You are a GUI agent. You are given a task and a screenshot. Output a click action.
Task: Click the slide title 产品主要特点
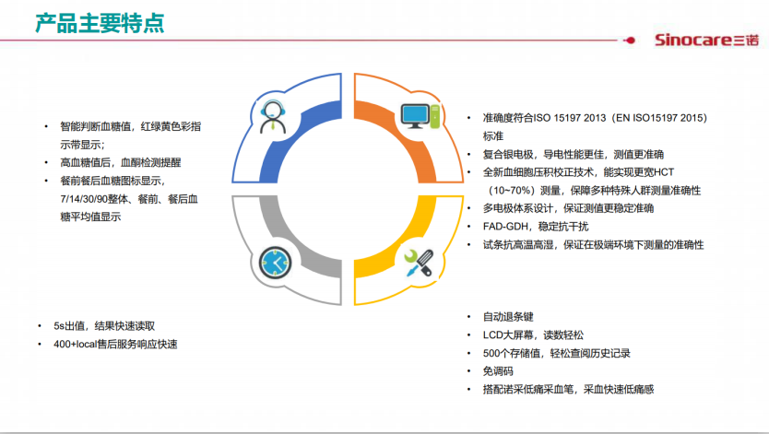[x=101, y=24]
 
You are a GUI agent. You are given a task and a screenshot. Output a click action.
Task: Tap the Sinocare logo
[x=706, y=40]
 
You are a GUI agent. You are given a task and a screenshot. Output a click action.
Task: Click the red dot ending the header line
[x=631, y=41]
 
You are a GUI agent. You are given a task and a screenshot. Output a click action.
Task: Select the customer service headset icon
[x=272, y=117]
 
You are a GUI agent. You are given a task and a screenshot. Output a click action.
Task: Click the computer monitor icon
[x=420, y=116]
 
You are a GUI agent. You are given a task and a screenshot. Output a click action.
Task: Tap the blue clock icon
[x=275, y=263]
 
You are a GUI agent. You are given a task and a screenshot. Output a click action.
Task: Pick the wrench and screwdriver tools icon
[x=419, y=263]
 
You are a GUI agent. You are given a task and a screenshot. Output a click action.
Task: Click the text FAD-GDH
[x=505, y=227]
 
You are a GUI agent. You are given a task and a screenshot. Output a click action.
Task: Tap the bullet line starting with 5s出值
[x=104, y=326]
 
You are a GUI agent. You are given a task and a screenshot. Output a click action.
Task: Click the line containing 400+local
[x=116, y=344]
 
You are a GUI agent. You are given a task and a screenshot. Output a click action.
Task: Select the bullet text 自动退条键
[x=508, y=317]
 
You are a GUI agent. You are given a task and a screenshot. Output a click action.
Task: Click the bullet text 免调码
[x=498, y=371]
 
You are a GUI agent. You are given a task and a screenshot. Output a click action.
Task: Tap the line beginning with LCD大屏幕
[x=533, y=335]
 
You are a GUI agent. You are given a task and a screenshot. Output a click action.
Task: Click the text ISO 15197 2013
[x=570, y=118]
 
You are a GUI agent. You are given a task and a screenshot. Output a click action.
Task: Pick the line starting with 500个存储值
[x=557, y=353]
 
